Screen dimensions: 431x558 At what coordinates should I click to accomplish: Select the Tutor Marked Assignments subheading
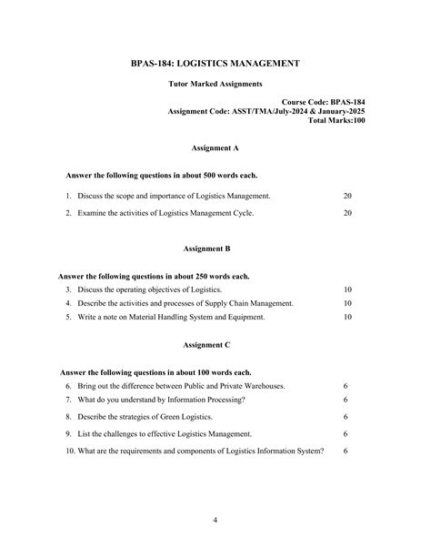pyautogui.click(x=215, y=84)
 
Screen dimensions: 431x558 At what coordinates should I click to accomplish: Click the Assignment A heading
pyautogui.click(x=215, y=147)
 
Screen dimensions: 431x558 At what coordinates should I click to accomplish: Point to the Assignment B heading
pyautogui.click(x=215, y=248)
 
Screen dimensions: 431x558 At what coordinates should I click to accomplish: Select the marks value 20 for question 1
pyautogui.click(x=347, y=196)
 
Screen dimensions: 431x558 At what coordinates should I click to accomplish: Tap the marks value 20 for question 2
pyautogui.click(x=347, y=213)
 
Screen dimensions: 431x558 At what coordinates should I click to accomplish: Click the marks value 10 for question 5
pyautogui.click(x=347, y=318)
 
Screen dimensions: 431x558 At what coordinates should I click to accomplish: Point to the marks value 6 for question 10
pyautogui.click(x=346, y=451)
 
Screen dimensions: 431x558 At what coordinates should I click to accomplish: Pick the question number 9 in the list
pyautogui.click(x=69, y=434)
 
